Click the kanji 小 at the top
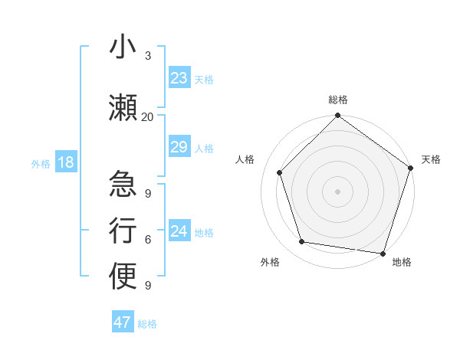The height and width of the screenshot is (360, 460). coord(123,47)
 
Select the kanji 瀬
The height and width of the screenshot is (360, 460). coord(123,106)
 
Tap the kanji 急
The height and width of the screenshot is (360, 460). coord(123,184)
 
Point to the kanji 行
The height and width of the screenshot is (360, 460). coord(123,230)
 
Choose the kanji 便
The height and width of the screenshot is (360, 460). coord(123,276)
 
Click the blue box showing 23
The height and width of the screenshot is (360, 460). coord(179,78)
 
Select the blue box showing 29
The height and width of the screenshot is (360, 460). coord(179,147)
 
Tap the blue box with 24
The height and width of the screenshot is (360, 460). coord(179,231)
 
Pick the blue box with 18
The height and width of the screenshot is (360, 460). coord(65,162)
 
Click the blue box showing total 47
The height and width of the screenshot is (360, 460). coord(123,322)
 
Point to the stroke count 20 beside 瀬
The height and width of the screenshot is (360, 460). coord(147,116)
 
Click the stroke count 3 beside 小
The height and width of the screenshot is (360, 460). coord(147,56)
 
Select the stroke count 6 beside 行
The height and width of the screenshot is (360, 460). coord(147,240)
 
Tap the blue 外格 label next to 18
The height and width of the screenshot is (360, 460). coord(41,163)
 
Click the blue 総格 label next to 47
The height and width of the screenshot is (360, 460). coord(147,324)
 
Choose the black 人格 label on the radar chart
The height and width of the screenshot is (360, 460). coord(245,159)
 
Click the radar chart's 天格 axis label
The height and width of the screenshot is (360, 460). coord(431,159)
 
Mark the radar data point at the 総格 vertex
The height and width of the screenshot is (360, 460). coord(337,116)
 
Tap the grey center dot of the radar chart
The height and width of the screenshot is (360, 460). coord(337,191)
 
